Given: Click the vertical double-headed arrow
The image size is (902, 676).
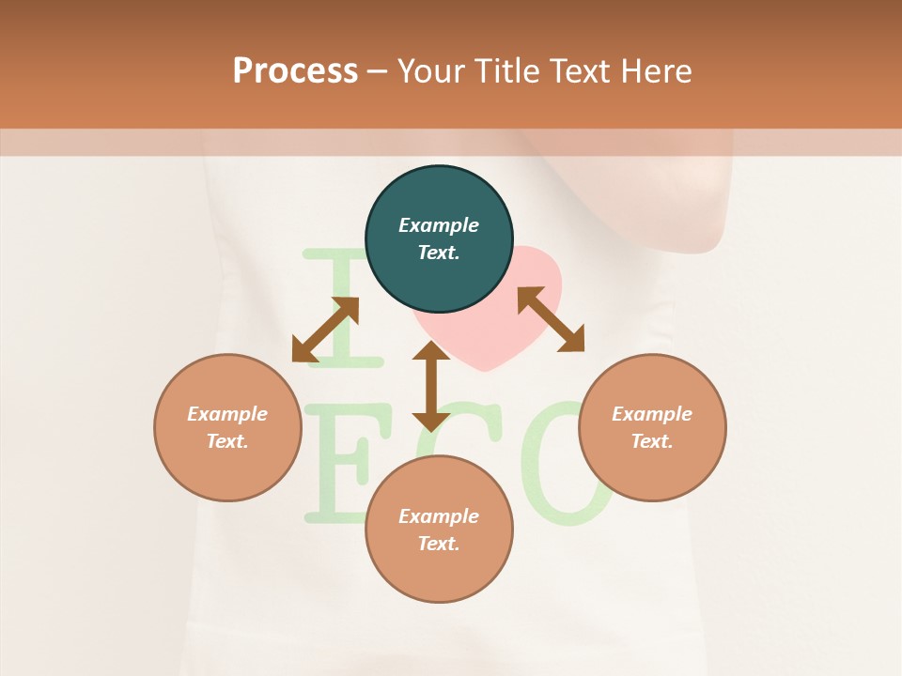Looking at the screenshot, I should pos(430,386).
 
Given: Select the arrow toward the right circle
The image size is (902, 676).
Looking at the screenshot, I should pos(551,319).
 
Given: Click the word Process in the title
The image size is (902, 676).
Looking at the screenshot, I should pos(295,70).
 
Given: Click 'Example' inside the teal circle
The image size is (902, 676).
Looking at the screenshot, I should pos(439,225).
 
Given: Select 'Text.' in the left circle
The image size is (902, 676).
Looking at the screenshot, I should pos(227,441).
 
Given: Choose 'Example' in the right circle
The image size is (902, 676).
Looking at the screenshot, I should pos(652,414).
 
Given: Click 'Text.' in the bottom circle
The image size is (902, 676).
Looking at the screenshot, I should pos(439,544).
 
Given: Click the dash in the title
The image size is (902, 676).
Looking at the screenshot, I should pos(378,71).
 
